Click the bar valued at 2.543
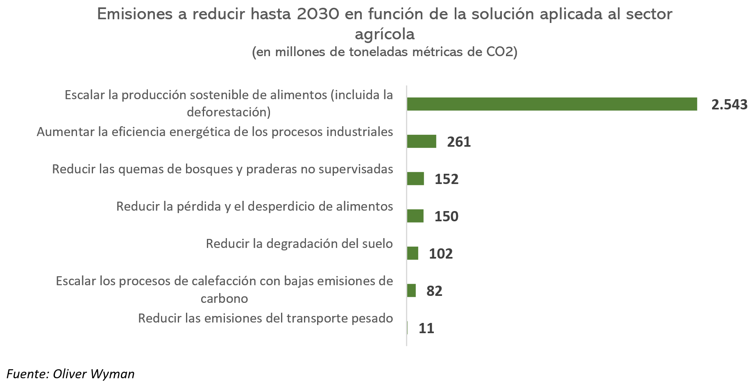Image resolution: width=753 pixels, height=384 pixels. point(552,104)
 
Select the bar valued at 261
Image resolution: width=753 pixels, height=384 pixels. point(422,141)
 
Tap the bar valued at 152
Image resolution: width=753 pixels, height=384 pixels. point(415,179)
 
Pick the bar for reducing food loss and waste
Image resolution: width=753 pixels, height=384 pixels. point(415,216)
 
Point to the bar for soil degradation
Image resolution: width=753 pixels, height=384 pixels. point(413,253)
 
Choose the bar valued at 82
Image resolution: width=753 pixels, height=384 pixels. point(411,291)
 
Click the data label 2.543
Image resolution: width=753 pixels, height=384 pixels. point(729,105)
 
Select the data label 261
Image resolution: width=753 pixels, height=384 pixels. point(459,142)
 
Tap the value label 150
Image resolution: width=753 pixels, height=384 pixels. point(447,216)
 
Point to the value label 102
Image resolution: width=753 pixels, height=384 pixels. point(441,254)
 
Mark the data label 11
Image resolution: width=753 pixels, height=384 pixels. point(426,328)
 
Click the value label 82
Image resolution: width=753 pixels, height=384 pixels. point(434,291)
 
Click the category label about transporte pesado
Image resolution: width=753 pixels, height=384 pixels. point(265,318)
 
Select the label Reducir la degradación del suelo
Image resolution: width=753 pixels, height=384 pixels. point(299,244)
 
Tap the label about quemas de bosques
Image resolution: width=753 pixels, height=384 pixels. point(222,169)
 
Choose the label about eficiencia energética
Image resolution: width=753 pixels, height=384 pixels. point(215,132)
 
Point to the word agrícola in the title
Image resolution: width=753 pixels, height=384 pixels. point(385,34)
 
